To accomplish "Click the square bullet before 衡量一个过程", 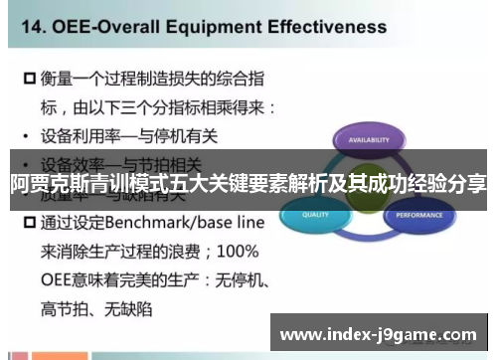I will point(28,77).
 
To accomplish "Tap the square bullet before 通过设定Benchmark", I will point(28,223).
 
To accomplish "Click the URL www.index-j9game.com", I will point(379,332).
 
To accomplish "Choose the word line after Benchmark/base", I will point(247,223).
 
